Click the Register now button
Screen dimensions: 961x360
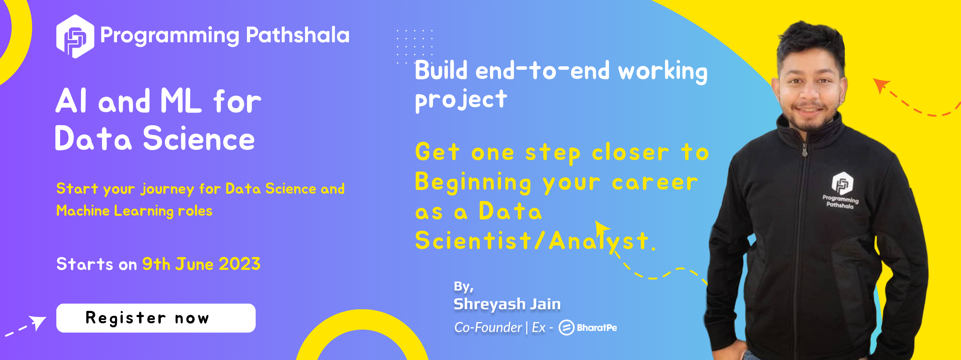tap(156, 318)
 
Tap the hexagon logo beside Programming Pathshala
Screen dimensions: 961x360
tap(75, 36)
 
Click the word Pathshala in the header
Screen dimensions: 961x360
tap(298, 35)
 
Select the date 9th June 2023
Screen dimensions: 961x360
tap(201, 264)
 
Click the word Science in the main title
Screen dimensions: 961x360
tap(199, 139)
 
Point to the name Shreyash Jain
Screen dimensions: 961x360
tap(507, 304)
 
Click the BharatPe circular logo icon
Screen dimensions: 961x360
tap(566, 328)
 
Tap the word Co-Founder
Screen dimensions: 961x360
tap(488, 328)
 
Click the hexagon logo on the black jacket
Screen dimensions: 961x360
tap(842, 183)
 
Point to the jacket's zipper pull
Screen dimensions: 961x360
tap(805, 150)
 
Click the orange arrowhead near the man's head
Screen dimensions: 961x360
tap(881, 85)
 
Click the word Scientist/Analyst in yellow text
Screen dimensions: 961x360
tap(535, 241)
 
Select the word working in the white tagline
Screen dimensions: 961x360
tap(663, 72)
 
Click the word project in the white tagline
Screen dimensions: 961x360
tap(461, 100)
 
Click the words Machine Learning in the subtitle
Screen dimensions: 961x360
tap(115, 211)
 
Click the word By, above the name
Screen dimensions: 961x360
tap(464, 287)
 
